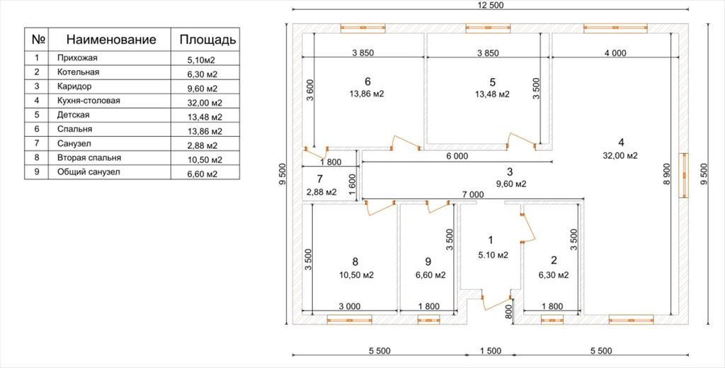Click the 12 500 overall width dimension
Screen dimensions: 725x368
point(491,6)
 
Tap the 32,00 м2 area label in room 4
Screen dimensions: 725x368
point(620,156)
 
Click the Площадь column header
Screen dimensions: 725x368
point(207,40)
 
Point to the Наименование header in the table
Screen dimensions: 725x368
point(111,39)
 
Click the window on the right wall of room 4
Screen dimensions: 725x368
point(683,175)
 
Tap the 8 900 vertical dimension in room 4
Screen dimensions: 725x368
point(666,174)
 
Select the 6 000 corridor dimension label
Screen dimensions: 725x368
point(457,157)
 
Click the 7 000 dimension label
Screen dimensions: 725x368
point(473,195)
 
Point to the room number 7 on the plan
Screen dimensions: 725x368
point(319,178)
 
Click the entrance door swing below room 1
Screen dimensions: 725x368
point(496,303)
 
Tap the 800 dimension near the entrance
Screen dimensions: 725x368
point(508,314)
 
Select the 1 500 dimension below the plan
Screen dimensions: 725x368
point(491,351)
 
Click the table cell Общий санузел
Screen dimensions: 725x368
point(89,172)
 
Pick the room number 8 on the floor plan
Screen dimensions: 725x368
point(355,262)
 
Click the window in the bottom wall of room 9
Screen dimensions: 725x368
point(428,319)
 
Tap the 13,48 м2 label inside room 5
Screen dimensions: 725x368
point(493,94)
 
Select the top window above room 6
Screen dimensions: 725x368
point(363,28)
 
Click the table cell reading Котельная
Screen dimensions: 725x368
point(78,72)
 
